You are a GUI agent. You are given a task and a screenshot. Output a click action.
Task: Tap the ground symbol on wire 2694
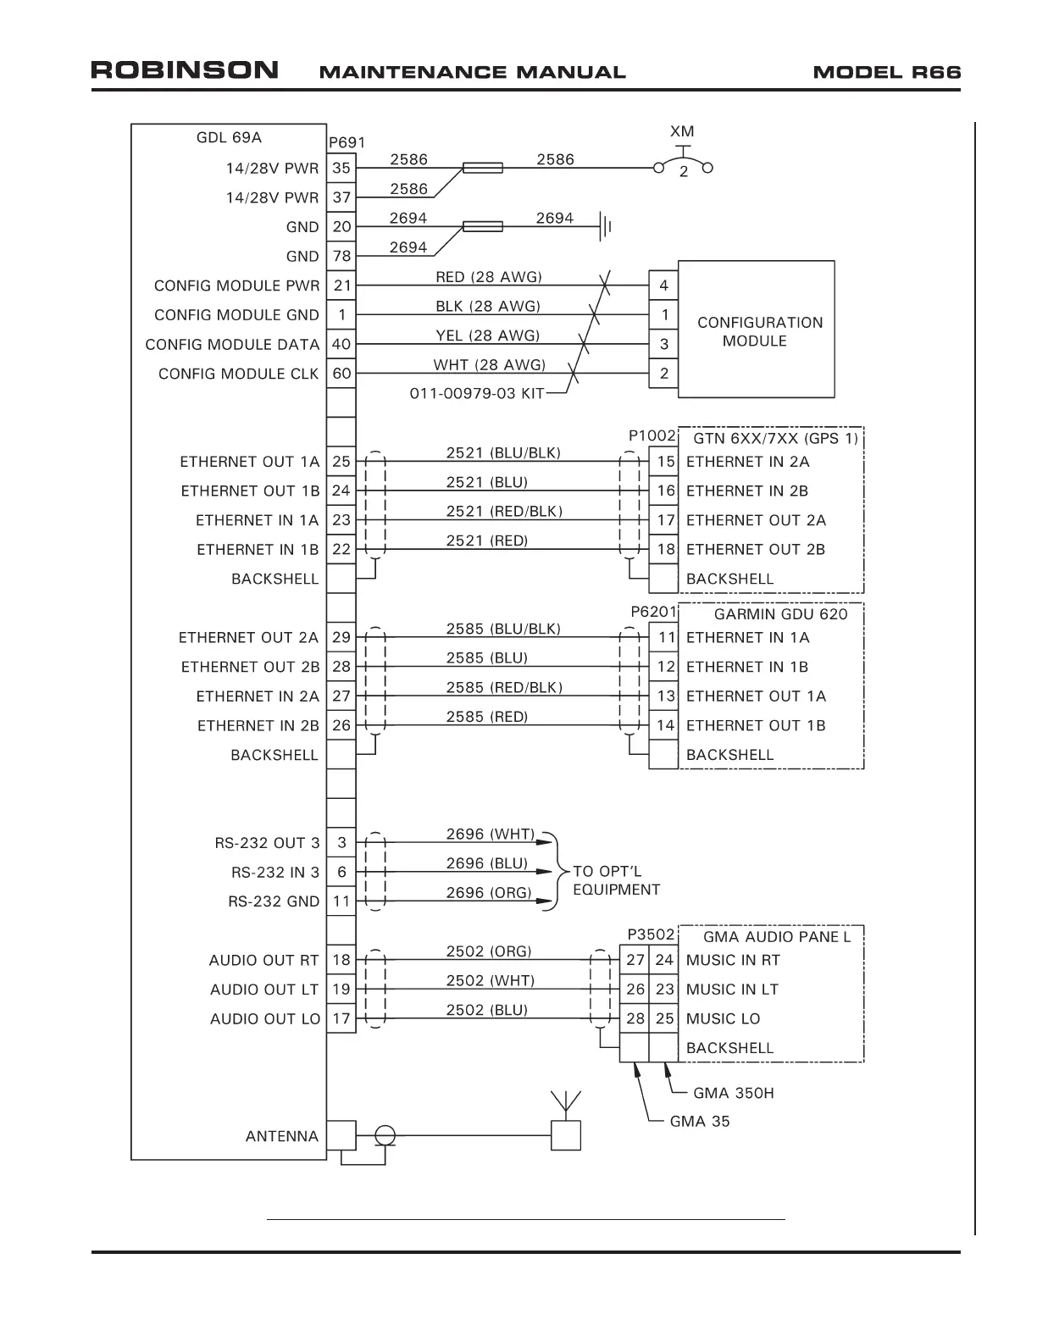click(605, 226)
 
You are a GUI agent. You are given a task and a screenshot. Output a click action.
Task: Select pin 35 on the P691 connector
click(341, 168)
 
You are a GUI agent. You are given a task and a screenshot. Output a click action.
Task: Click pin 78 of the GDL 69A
click(341, 256)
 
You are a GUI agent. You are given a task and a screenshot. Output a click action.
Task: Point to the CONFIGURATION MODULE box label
click(759, 331)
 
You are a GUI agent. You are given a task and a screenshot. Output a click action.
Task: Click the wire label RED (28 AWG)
click(488, 277)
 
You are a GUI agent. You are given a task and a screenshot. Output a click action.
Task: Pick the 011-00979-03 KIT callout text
click(476, 394)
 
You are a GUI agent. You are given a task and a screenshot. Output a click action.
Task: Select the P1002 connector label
click(652, 435)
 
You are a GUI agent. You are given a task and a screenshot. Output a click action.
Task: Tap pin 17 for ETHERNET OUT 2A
click(666, 520)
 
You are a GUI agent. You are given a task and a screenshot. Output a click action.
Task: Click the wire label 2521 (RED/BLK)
click(504, 512)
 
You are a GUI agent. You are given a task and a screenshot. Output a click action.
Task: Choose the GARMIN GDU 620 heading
click(780, 614)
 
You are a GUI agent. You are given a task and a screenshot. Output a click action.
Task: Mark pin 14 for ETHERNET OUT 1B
click(666, 725)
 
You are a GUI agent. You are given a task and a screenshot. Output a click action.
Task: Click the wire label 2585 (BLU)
click(486, 658)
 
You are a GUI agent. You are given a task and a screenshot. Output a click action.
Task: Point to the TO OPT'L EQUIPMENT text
click(616, 880)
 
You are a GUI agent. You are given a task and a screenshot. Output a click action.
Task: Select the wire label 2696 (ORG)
click(489, 893)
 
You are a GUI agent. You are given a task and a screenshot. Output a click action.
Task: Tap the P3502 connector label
click(651, 934)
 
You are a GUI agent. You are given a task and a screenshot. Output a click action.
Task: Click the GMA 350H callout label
click(733, 1093)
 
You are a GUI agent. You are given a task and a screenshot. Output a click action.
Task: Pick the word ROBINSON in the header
click(185, 70)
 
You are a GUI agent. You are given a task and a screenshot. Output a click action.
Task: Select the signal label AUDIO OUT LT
click(264, 990)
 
